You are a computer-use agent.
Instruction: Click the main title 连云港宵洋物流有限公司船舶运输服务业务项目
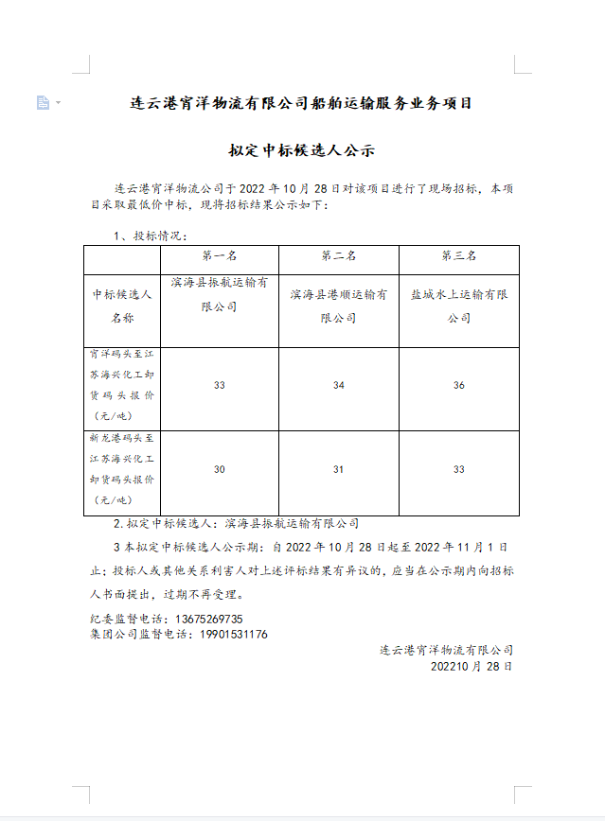(x=301, y=103)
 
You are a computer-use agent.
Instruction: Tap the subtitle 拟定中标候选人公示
(x=302, y=149)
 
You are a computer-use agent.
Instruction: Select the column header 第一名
(x=219, y=256)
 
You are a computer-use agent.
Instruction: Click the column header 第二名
(x=338, y=256)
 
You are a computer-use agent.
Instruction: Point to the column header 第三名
(x=458, y=256)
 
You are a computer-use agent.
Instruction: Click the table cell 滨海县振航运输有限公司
(x=219, y=294)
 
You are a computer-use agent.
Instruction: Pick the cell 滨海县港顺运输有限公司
(x=338, y=306)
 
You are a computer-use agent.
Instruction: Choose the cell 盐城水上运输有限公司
(x=458, y=306)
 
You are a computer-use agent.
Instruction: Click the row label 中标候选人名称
(x=122, y=306)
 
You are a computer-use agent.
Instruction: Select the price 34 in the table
(x=338, y=386)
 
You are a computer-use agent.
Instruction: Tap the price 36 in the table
(x=458, y=386)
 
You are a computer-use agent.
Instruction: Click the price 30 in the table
(x=219, y=470)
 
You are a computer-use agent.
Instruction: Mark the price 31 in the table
(x=338, y=470)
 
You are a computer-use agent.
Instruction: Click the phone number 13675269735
(x=216, y=620)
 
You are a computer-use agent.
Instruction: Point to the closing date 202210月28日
(x=471, y=666)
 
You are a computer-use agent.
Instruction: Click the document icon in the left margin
(x=43, y=102)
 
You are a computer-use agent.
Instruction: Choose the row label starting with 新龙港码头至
(x=122, y=469)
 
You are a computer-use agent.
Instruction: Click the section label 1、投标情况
(x=150, y=235)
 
